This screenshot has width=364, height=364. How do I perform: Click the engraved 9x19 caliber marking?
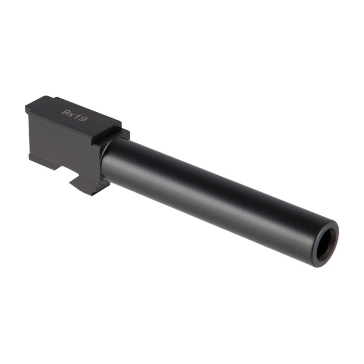(x=75, y=116)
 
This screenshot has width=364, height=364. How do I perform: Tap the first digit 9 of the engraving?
(x=66, y=110)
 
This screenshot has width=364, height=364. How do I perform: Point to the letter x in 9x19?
(x=72, y=114)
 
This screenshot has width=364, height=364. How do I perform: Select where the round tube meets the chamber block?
(x=105, y=161)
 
